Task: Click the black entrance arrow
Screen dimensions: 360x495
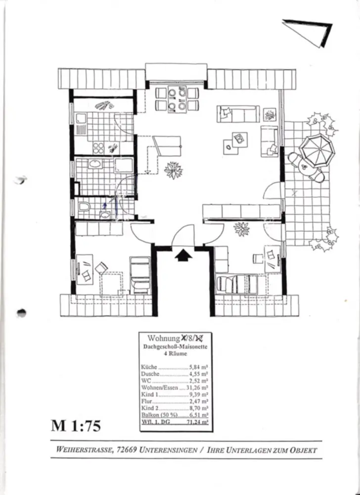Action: [183, 254]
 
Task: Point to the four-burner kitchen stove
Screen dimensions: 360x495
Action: [98, 148]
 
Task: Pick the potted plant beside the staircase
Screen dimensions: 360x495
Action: [173, 170]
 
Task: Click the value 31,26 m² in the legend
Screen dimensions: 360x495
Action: [198, 389]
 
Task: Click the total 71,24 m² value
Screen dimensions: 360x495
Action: [198, 423]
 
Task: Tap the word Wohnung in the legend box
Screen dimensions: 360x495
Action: [159, 339]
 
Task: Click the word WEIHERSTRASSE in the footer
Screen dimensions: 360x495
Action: [84, 451]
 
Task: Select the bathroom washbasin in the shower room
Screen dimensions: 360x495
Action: [94, 165]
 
